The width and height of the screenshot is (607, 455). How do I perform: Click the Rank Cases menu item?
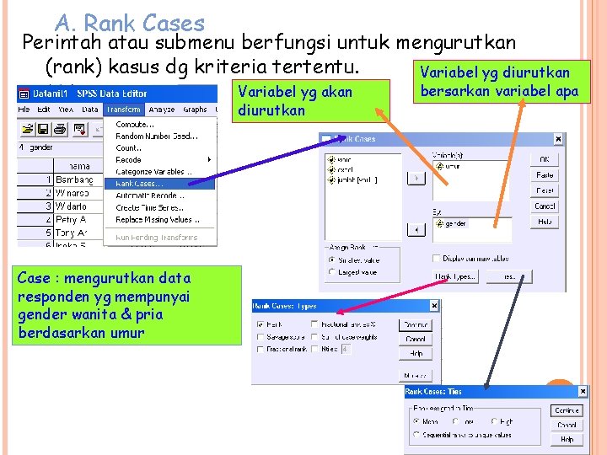[x=140, y=183]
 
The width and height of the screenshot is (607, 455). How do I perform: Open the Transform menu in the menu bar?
[x=124, y=110]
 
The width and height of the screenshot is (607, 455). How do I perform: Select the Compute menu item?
[x=136, y=124]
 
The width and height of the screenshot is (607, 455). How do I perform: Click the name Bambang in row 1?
[x=74, y=180]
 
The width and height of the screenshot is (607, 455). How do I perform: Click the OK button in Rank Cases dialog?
[x=545, y=160]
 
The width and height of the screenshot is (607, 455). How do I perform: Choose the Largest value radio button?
[x=331, y=273]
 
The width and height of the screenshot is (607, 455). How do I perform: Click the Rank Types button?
[x=454, y=276]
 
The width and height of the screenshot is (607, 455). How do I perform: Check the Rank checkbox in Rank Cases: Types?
[x=260, y=324]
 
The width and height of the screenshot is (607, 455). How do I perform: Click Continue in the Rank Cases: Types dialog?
[x=414, y=324]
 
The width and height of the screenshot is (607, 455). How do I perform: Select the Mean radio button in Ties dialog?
[x=416, y=421]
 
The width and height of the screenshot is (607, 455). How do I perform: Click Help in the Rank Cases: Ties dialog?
[x=567, y=439]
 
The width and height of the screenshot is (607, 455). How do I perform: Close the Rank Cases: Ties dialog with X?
[x=583, y=391]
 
